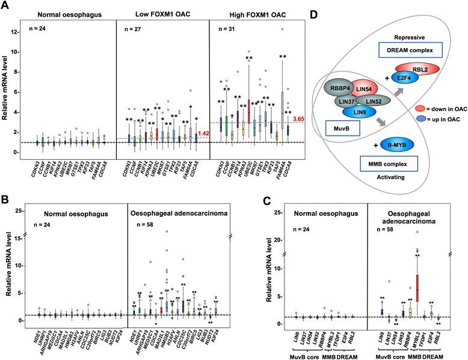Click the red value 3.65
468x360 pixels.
pos(300,103)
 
